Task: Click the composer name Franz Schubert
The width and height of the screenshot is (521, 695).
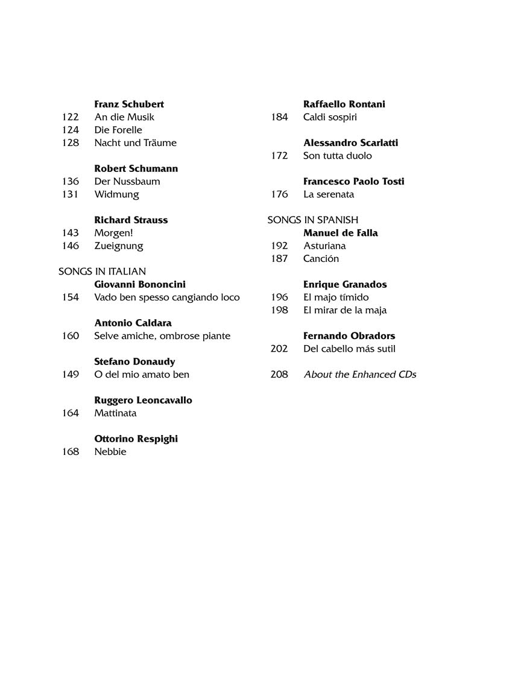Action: [x=129, y=104]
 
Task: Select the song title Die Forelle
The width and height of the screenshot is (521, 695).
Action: [x=118, y=130]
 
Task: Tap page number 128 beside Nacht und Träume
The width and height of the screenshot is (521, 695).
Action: [x=71, y=143]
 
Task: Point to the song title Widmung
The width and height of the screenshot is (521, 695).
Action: [x=116, y=194]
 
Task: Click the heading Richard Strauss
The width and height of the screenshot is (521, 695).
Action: [x=131, y=220]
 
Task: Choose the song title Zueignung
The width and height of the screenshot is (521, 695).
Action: [x=119, y=246]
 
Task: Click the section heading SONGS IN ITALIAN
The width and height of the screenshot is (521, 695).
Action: [x=102, y=271]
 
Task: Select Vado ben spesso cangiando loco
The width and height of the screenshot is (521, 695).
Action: [x=167, y=297]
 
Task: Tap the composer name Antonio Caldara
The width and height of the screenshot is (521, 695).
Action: [x=133, y=323]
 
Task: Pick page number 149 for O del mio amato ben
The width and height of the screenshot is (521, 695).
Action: [x=71, y=375]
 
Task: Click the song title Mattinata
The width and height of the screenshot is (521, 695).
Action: [x=115, y=413]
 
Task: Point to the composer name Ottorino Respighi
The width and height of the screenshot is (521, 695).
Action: [x=136, y=439]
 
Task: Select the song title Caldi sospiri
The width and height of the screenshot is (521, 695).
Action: [x=330, y=117]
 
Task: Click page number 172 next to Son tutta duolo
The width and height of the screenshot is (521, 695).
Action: [x=279, y=156]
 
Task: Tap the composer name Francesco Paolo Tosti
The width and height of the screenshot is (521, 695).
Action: [x=353, y=182]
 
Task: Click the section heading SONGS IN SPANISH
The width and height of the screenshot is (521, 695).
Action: [x=312, y=220]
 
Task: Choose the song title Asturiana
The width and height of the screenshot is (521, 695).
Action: [x=324, y=246]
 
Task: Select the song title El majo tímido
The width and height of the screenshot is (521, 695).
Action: [x=336, y=297]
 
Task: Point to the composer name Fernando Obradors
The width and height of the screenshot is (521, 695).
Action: [x=349, y=336]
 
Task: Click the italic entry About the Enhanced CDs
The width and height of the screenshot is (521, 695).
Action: [x=360, y=375]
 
